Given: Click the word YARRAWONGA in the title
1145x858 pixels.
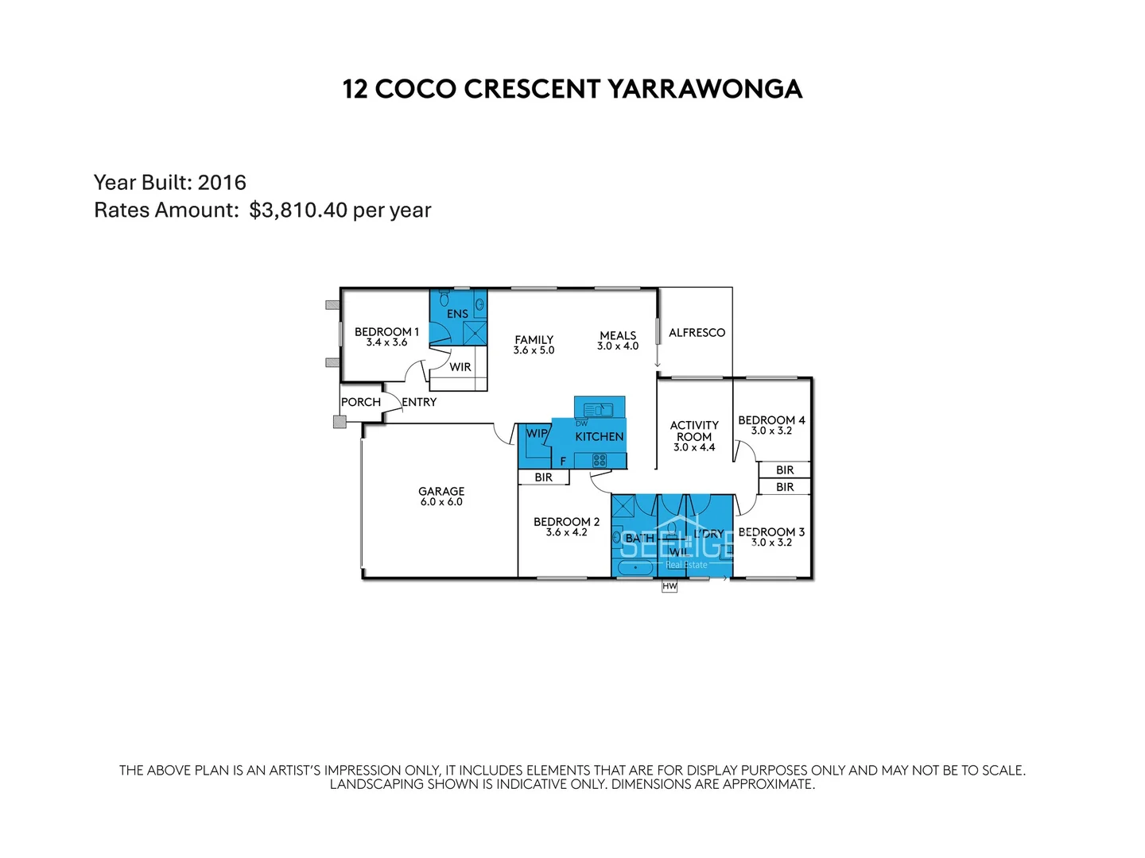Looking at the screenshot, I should tap(704, 89).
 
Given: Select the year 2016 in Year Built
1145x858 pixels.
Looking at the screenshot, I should tap(222, 183).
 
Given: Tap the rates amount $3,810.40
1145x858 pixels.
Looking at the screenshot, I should tap(298, 211).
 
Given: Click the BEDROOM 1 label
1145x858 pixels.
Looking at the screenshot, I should tap(386, 332).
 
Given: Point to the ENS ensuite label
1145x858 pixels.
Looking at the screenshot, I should tap(457, 314).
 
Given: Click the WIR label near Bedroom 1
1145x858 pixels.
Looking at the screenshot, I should tap(460, 367).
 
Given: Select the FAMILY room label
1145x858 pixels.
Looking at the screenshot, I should tap(534, 339).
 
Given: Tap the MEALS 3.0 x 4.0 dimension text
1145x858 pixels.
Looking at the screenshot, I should tap(618, 346).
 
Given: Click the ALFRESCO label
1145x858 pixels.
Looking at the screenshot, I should tap(697, 333).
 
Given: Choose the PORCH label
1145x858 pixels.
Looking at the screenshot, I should tap(361, 402).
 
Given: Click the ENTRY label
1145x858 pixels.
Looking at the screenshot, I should tap(419, 402).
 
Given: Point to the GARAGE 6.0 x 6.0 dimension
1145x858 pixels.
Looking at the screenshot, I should tap(441, 502).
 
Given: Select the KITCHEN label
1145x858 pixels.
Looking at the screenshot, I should tap(599, 437).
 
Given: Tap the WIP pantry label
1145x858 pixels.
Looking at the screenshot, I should tap(537, 434).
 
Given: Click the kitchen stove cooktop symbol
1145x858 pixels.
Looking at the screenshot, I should tap(600, 460).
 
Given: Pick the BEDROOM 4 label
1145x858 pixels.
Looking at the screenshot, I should tap(771, 420).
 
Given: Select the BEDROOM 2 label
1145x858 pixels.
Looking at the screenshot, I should tap(566, 522).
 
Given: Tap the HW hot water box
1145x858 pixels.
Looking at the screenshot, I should tap(670, 587).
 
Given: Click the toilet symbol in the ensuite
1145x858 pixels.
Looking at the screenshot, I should tap(444, 299).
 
